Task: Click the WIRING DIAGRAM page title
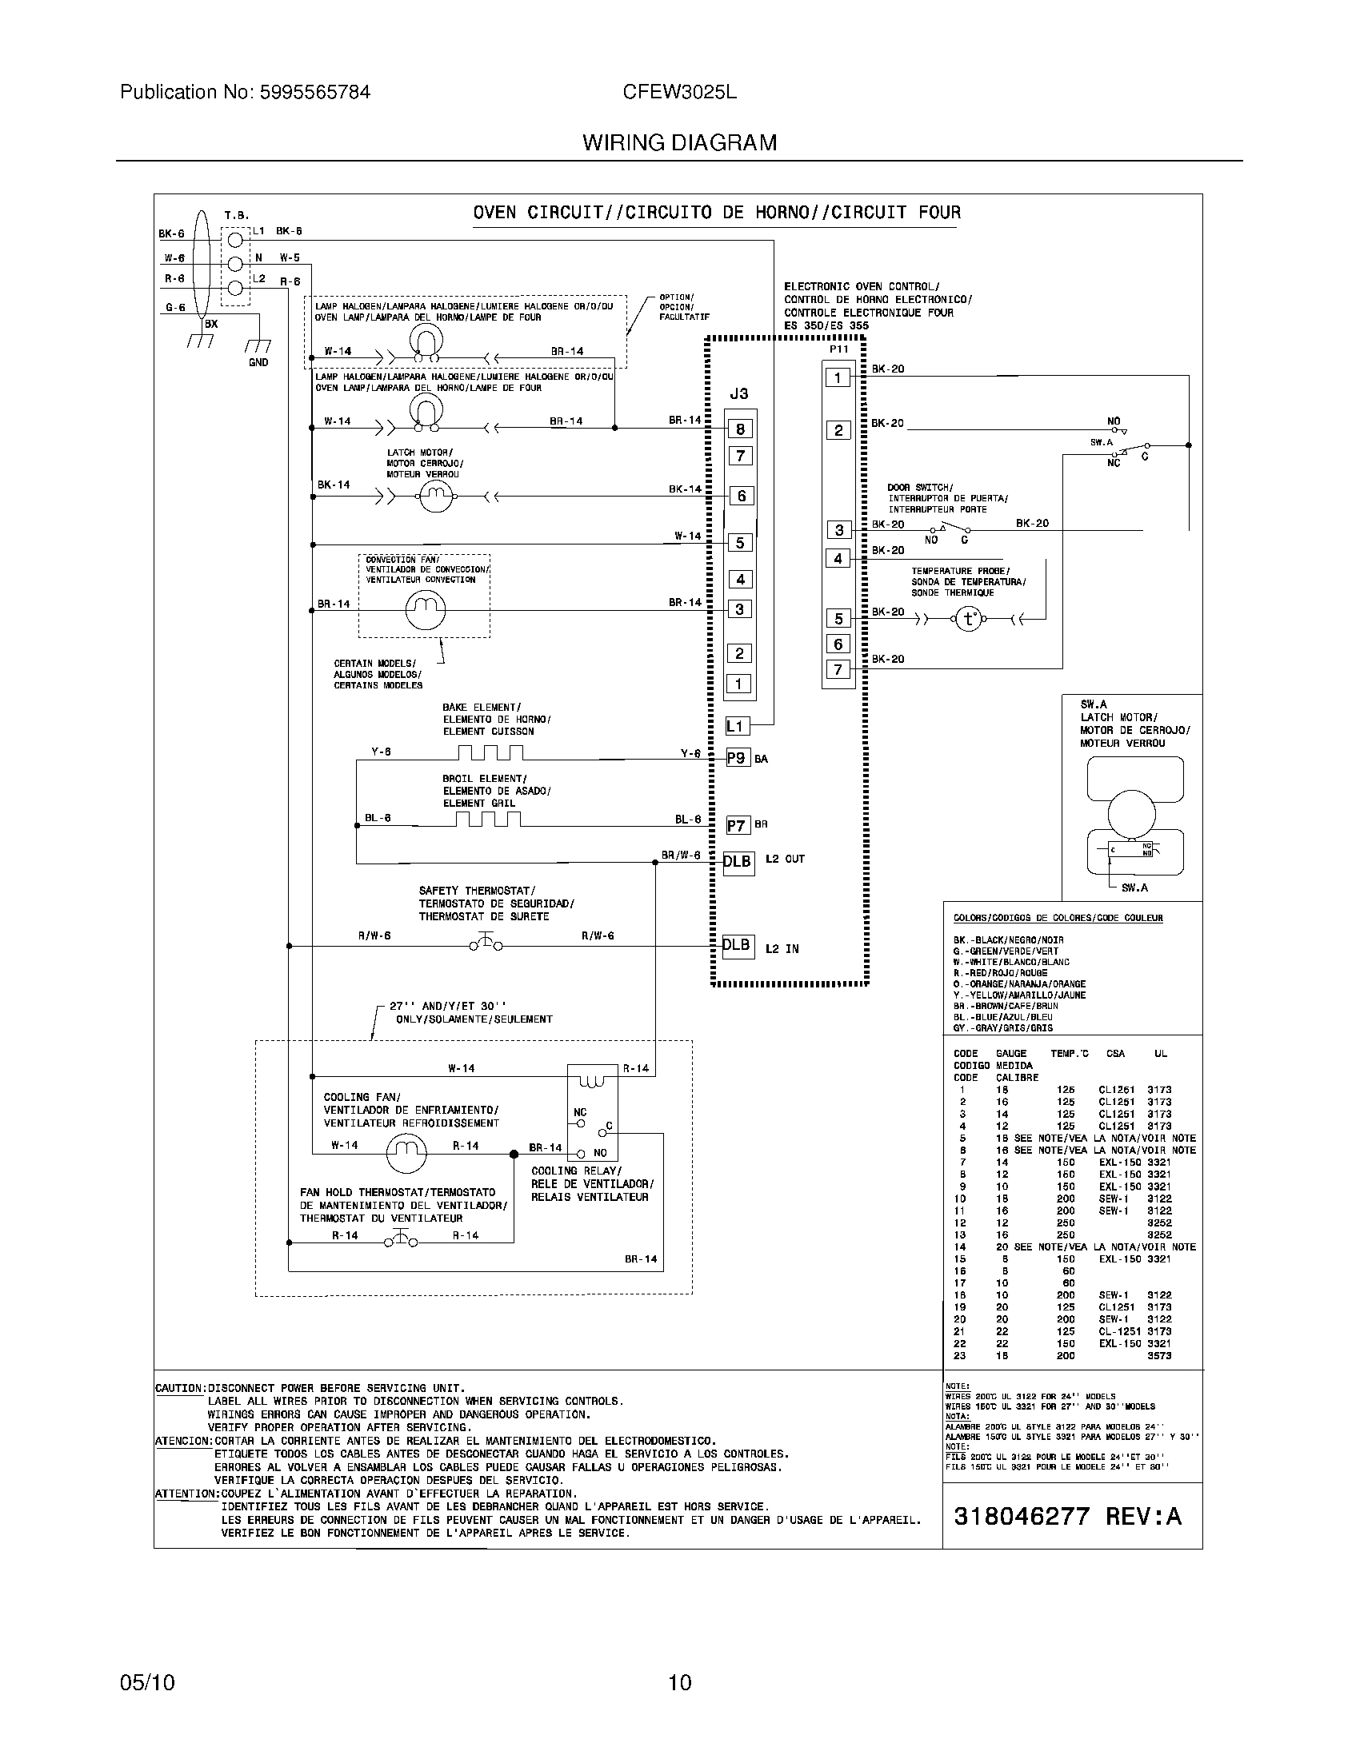(x=679, y=143)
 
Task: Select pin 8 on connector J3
(x=740, y=429)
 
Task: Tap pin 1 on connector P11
(x=838, y=377)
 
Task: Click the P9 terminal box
(x=738, y=758)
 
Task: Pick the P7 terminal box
(x=738, y=826)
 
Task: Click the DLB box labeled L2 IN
(x=738, y=945)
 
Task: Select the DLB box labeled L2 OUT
(x=738, y=862)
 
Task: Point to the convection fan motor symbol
(x=425, y=610)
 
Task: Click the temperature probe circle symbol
(x=968, y=619)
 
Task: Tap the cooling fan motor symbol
(x=406, y=1153)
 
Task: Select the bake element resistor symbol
(x=490, y=753)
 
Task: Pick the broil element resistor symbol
(x=488, y=820)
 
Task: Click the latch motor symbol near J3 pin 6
(x=436, y=497)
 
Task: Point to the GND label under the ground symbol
(x=258, y=362)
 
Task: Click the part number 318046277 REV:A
(x=1066, y=1516)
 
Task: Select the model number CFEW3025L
(x=679, y=92)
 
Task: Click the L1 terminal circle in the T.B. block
(x=235, y=239)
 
